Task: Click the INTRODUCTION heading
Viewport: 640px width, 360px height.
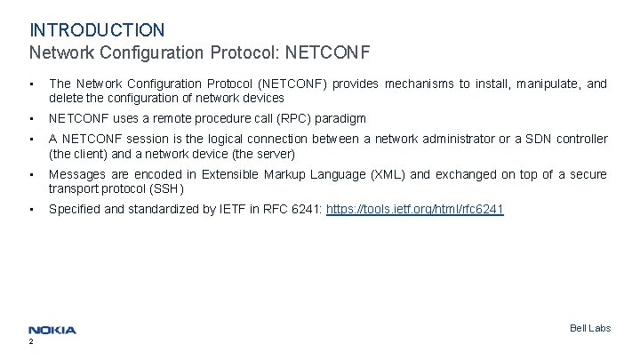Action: (97, 30)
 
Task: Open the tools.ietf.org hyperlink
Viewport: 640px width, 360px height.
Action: (415, 210)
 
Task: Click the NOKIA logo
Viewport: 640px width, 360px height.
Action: (52, 330)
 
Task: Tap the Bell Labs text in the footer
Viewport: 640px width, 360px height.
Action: (589, 328)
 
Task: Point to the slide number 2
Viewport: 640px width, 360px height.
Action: (31, 342)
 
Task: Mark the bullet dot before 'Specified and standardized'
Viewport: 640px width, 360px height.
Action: (31, 210)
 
